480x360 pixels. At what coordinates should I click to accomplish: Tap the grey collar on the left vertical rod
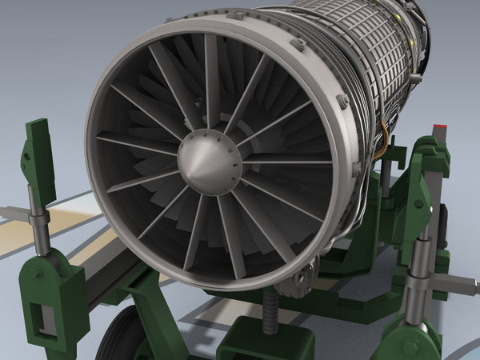[37, 216]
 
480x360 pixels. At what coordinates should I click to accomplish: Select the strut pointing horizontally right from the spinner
[288, 162]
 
